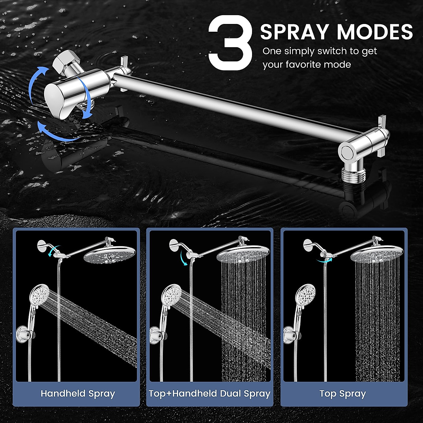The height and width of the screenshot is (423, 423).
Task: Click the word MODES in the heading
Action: [x=375, y=32]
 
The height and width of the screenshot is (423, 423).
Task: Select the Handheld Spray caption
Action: [x=78, y=393]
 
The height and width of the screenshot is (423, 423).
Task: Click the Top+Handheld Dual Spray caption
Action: [x=210, y=393]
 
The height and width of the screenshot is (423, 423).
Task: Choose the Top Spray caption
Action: [x=343, y=393]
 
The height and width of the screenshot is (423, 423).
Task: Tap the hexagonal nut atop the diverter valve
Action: [x=62, y=61]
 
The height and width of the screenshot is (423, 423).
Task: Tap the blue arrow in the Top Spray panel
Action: [x=323, y=260]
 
